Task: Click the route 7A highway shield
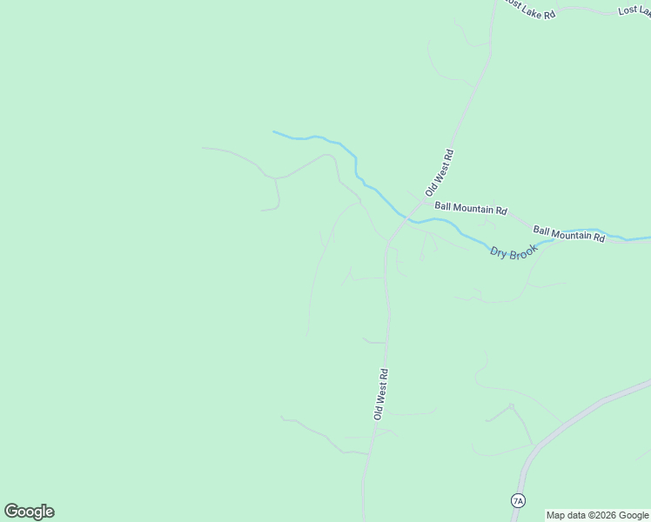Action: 518,500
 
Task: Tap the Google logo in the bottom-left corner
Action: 29,512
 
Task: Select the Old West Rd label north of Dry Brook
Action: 440,171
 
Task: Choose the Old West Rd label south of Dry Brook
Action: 380,394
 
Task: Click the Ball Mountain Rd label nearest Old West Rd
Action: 471,209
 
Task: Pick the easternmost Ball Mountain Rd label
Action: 568,233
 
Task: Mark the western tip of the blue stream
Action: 275,132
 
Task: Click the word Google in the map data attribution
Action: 634,515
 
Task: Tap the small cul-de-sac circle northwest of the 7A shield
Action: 511,406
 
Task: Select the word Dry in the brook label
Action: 498,251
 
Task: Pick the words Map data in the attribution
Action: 566,515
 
